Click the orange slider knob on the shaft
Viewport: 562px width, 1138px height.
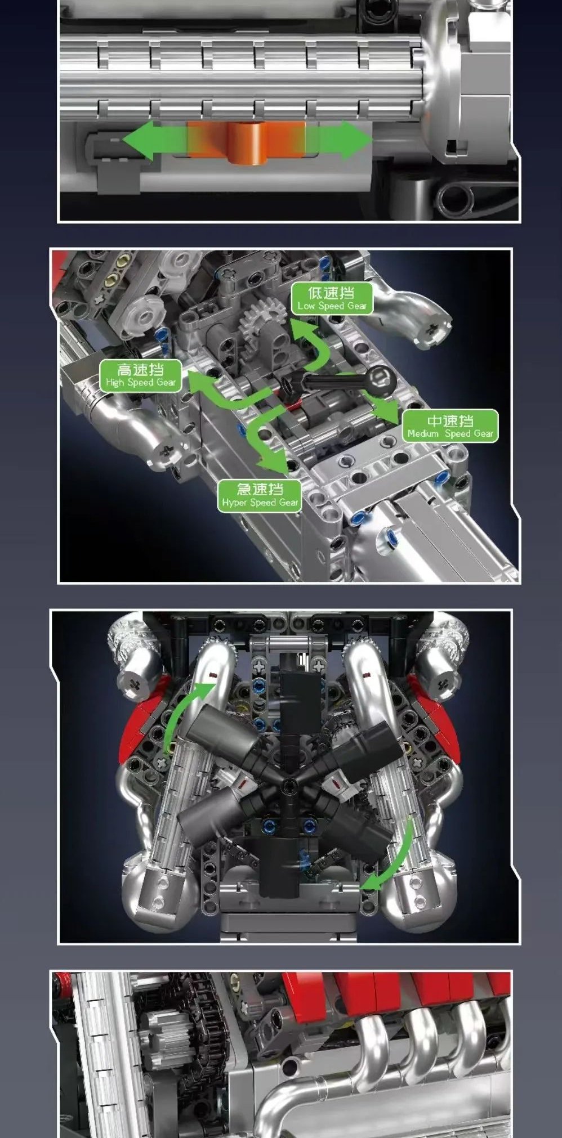tap(246, 143)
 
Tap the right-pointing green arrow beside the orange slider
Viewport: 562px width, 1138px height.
tap(338, 140)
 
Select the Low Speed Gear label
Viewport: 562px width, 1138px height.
tap(332, 299)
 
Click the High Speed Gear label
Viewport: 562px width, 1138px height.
tap(141, 375)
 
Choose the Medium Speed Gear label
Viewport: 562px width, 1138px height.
tap(449, 426)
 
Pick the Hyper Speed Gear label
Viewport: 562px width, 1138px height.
tap(260, 496)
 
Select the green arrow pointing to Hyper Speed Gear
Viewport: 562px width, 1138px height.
tap(265, 436)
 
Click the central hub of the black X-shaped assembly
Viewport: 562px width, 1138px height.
tap(288, 784)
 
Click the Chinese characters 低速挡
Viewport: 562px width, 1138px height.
tap(332, 293)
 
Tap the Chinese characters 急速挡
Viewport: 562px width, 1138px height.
tap(260, 489)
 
